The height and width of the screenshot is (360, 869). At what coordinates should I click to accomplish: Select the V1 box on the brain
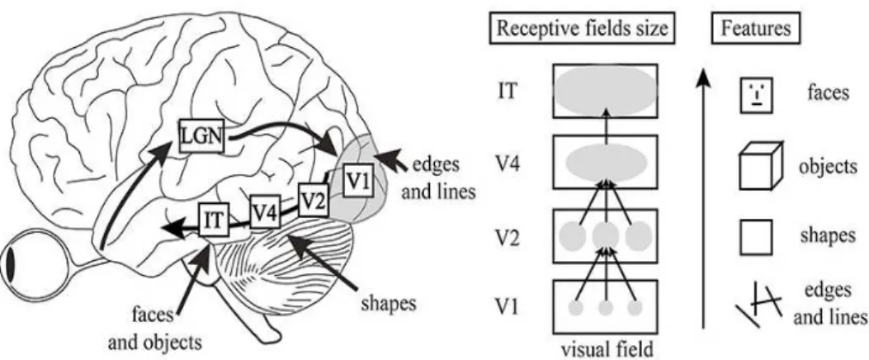(358, 180)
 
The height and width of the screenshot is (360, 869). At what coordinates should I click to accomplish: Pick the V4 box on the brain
(264, 211)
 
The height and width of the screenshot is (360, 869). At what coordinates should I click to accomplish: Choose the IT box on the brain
(213, 220)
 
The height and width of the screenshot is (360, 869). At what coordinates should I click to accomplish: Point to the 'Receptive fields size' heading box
(582, 28)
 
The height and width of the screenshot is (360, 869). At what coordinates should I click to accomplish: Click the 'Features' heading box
(756, 28)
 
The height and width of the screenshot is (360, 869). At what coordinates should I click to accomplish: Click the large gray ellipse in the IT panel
(606, 92)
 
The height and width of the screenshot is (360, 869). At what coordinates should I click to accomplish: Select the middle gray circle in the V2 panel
(606, 236)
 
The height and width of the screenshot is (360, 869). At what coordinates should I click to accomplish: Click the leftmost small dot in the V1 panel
(576, 307)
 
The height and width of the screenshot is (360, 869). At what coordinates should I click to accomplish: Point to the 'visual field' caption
(607, 349)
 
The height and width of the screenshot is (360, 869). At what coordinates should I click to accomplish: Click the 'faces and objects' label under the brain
(153, 329)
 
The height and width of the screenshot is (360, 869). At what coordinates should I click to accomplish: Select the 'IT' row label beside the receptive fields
(508, 91)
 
